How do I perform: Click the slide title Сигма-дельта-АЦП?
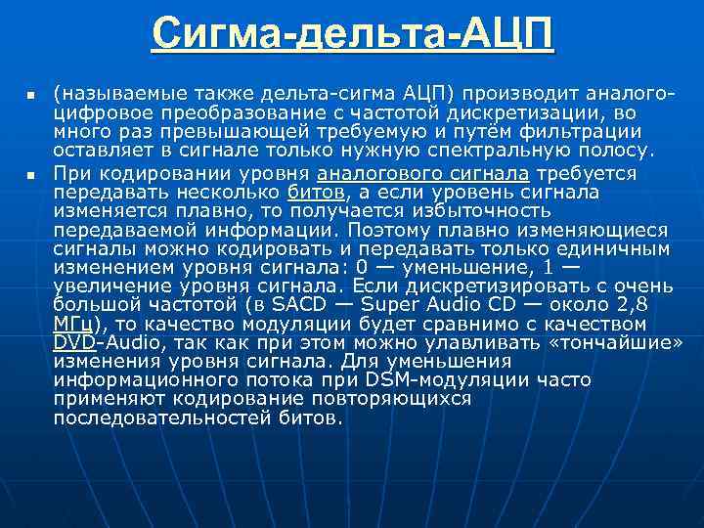tap(352, 35)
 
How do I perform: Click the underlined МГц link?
tap(77, 324)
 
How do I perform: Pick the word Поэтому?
tap(397, 230)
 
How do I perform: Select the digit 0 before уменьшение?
tap(363, 268)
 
